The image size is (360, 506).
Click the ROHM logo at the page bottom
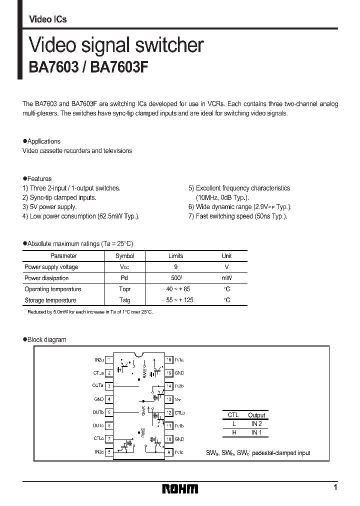[180, 488]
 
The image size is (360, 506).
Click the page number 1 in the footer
[335, 487]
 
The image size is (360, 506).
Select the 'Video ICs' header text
[48, 19]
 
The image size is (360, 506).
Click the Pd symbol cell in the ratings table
[124, 278]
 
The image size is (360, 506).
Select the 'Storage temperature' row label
[50, 300]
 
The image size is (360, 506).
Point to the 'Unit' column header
[226, 256]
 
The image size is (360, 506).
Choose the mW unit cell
[226, 278]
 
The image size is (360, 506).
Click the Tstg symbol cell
[124, 300]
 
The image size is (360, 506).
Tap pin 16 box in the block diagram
[169, 359]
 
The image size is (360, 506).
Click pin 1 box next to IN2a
[108, 359]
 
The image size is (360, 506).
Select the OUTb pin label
[98, 412]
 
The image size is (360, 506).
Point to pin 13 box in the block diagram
[169, 399]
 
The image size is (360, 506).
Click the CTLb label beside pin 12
[180, 412]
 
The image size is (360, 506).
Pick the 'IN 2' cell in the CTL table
[256, 423]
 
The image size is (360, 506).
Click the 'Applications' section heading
[44, 141]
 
